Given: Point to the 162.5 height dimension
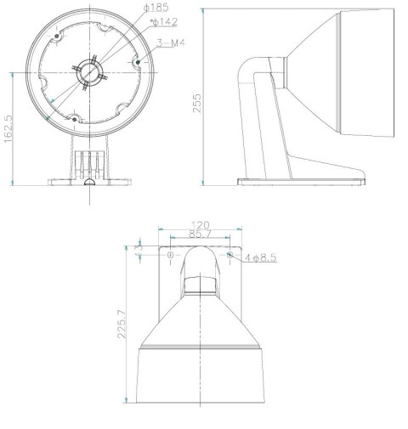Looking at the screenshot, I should (9, 129).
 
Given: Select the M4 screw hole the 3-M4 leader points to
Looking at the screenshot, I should (136, 63).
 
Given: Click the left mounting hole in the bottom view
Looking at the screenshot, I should (171, 254).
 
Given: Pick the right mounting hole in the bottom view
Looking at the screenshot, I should (229, 254).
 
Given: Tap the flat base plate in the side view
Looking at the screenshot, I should (302, 181).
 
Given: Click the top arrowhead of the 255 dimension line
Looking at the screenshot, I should (206, 11).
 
